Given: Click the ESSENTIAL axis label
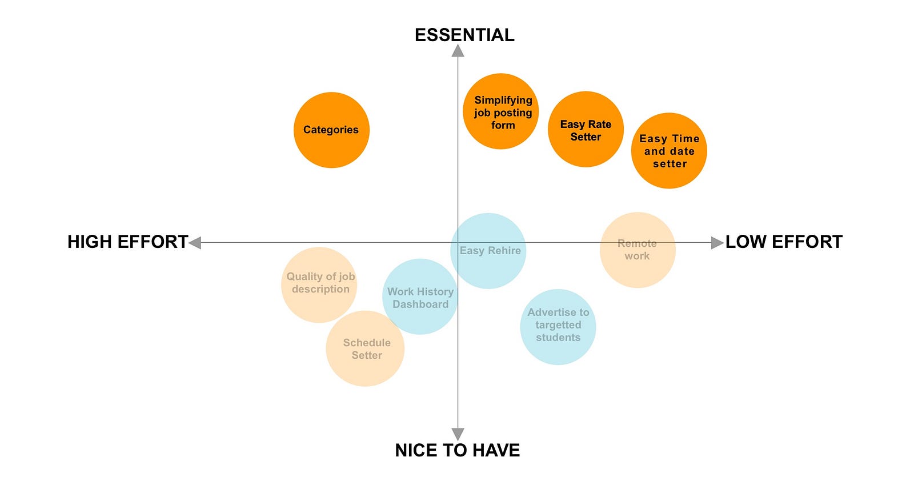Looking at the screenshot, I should click(x=464, y=35).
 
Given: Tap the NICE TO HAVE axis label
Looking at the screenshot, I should click(x=457, y=450).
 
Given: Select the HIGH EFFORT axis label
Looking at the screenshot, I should click(x=127, y=242).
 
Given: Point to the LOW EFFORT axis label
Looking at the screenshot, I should click(x=784, y=242).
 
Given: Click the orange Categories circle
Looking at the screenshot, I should click(x=331, y=130).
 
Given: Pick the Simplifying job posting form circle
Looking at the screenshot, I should click(x=501, y=111).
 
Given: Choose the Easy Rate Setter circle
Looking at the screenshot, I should click(x=586, y=130).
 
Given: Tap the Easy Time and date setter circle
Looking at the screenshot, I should click(x=669, y=151).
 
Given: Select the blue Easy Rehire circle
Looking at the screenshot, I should click(x=488, y=251).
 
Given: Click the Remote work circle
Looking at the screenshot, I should click(x=638, y=250).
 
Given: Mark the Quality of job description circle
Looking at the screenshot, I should click(x=319, y=284).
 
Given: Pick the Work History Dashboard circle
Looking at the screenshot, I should click(x=420, y=297).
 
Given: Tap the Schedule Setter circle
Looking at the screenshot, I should click(x=366, y=348).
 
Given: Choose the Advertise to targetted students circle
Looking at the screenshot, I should click(x=558, y=327).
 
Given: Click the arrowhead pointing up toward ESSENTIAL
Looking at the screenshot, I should click(x=458, y=51).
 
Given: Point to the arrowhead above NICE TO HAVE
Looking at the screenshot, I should click(x=458, y=434).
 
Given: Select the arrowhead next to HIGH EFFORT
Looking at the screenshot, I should click(x=195, y=243).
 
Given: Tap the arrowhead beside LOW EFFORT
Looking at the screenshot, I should click(x=717, y=243).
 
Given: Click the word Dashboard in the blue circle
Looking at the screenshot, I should click(x=420, y=304).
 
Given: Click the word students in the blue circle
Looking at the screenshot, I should click(x=558, y=338).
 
